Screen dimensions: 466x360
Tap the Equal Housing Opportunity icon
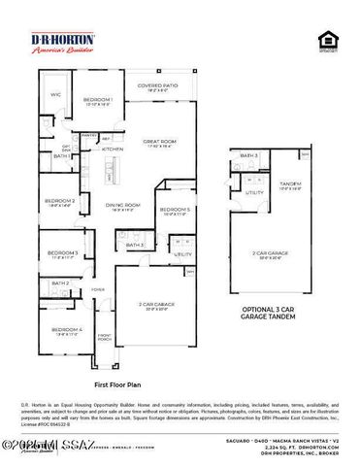tap(327, 41)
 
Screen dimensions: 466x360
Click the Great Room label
tap(157, 142)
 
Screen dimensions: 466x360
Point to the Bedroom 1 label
tap(97, 101)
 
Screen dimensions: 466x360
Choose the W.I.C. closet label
tap(54, 94)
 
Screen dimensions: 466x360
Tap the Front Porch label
tap(104, 338)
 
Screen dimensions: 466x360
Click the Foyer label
tap(98, 289)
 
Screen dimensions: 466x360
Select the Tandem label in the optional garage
tap(289, 184)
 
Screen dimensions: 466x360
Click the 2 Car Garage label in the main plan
tap(159, 304)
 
